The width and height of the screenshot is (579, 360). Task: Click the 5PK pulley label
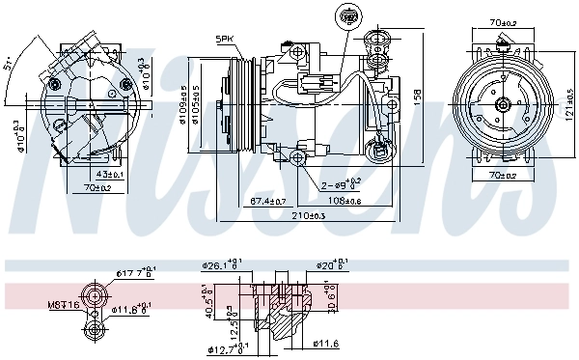(225, 39)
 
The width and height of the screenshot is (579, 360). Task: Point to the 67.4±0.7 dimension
(267, 201)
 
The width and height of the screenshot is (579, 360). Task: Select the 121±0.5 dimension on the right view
(569, 105)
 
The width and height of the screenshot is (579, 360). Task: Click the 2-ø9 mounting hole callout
(340, 183)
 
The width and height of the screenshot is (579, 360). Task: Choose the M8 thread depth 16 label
(65, 306)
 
